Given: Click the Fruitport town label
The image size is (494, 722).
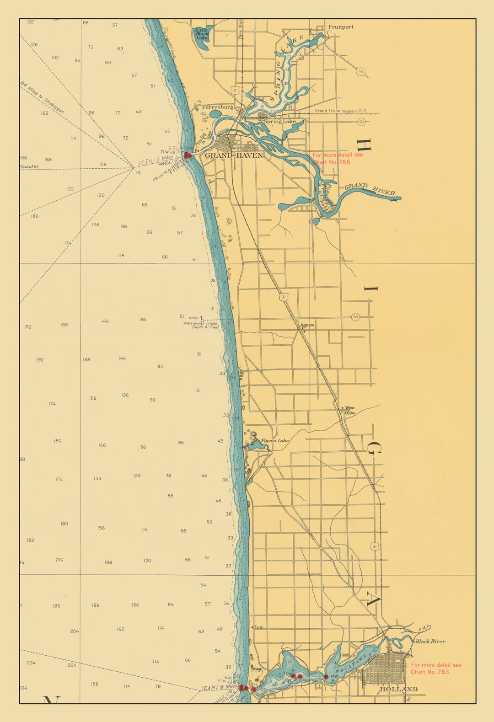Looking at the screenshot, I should [341, 27].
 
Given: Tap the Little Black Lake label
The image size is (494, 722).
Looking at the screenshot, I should [202, 34].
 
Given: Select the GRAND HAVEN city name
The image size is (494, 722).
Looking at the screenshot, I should [234, 155].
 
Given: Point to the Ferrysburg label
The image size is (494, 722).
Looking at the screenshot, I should [217, 107].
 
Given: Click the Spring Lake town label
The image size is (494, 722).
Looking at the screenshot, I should [279, 122].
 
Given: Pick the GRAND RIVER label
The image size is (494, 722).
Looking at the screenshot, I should [370, 189].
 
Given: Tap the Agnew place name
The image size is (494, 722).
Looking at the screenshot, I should [307, 325].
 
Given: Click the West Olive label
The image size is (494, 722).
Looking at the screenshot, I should [350, 410].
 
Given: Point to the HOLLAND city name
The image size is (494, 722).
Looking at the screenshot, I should [398, 689].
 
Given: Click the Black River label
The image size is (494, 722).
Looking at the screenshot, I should [430, 641].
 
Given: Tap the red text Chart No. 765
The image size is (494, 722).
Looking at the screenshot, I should [331, 162].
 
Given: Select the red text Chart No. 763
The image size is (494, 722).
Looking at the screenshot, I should [430, 672].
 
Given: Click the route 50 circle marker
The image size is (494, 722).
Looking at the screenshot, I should [355, 317].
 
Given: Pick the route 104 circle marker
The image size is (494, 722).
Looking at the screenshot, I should [361, 121].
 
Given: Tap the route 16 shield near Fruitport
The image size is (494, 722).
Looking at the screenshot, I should [361, 72].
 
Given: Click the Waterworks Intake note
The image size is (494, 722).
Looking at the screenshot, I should [201, 325].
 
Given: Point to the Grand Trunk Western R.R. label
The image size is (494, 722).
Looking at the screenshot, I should [340, 111].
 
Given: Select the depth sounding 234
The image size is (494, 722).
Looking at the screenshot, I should [31, 663].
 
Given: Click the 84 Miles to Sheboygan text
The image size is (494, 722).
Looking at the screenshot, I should [42, 97].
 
